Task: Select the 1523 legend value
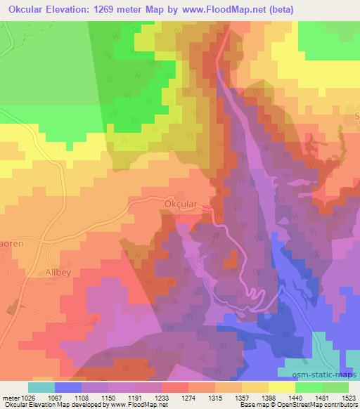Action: point(349,397)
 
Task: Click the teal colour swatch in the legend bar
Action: point(41,387)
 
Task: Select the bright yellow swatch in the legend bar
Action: point(281,387)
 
